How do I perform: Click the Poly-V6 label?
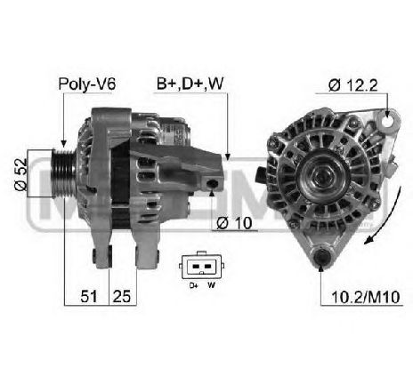coord(86,84)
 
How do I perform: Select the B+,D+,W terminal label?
coord(190,84)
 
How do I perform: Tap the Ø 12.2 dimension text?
coord(352,85)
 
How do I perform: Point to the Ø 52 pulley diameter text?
coord(20,174)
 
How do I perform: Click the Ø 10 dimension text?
coord(234,223)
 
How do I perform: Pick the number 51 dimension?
coord(89,296)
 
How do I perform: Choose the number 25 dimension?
coord(122,296)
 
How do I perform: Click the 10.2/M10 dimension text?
coord(365,297)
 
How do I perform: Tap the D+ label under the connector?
coord(194,285)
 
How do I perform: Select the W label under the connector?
coord(211,285)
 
